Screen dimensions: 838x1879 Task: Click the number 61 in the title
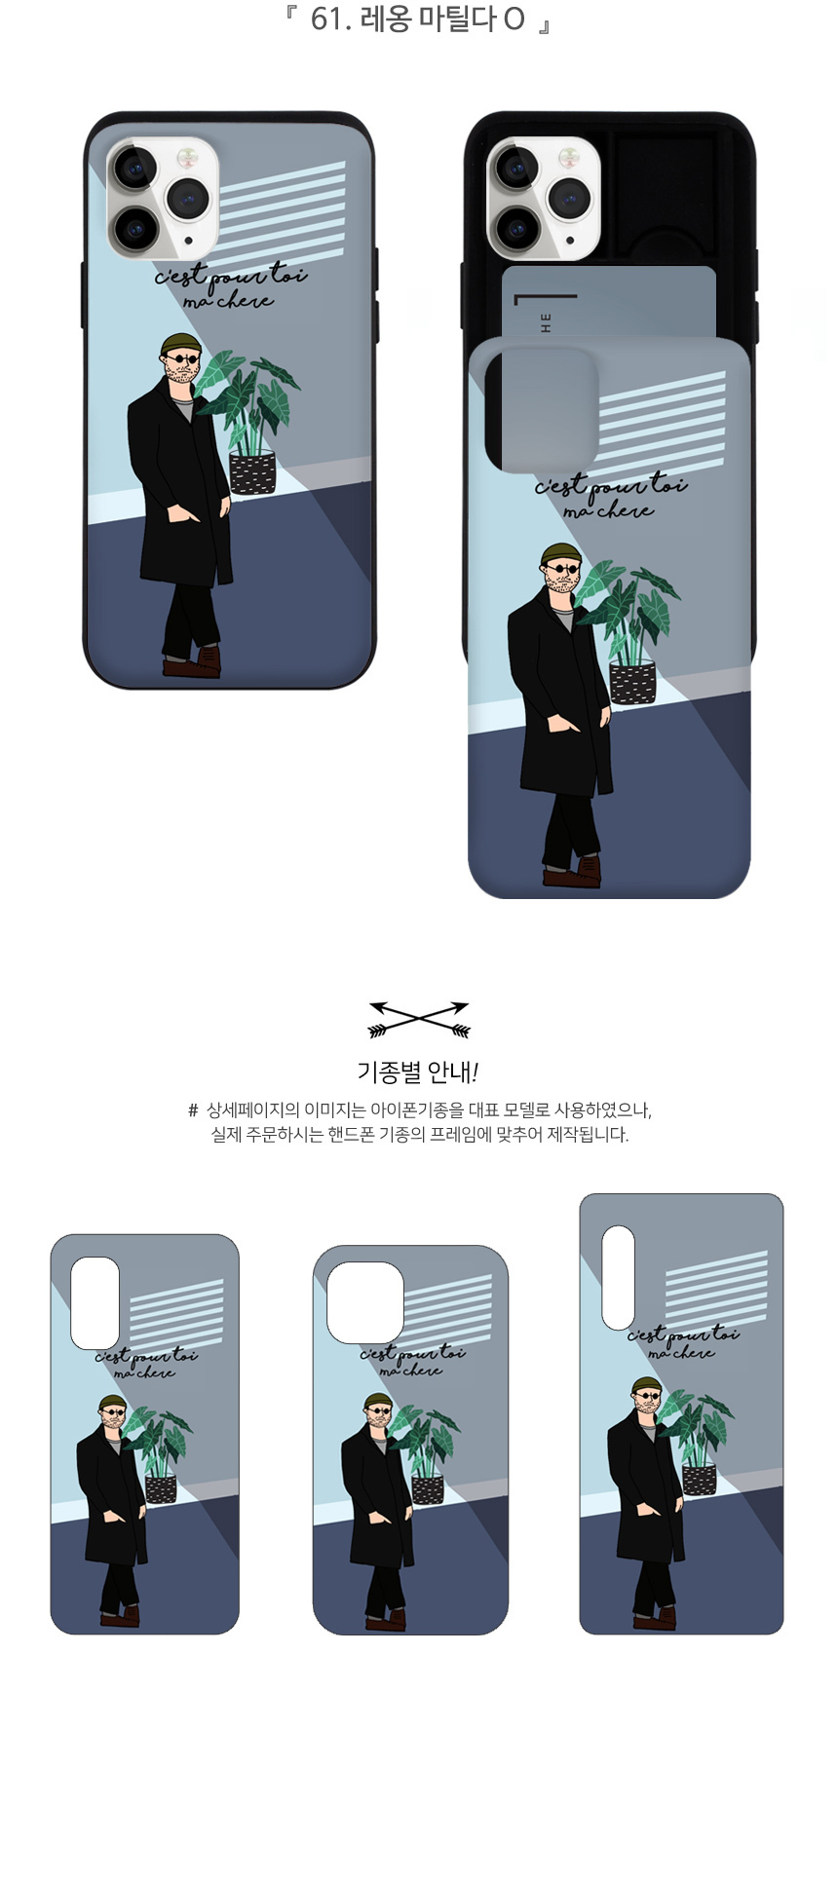325,19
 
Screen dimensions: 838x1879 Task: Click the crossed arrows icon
419,1019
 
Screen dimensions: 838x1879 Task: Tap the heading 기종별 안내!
418,1072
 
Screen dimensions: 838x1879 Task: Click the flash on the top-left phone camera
183,157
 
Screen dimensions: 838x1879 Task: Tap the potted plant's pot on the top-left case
252,472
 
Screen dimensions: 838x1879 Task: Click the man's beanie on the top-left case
181,343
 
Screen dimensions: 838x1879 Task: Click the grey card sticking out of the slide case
609,302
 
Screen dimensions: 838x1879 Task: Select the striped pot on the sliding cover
632,682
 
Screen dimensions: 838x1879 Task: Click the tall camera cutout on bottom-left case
95,1302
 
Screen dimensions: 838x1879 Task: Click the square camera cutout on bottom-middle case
365,1302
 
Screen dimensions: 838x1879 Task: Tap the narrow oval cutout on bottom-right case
618,1277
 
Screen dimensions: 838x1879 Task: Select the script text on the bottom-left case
145,1363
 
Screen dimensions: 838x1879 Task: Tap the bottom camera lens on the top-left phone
134,230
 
